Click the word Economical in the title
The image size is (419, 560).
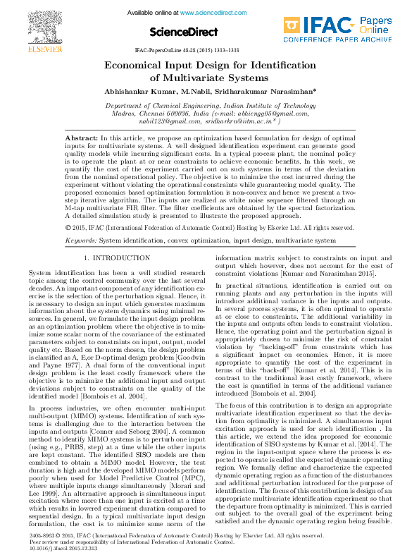click(137, 66)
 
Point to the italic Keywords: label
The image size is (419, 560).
click(81, 241)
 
